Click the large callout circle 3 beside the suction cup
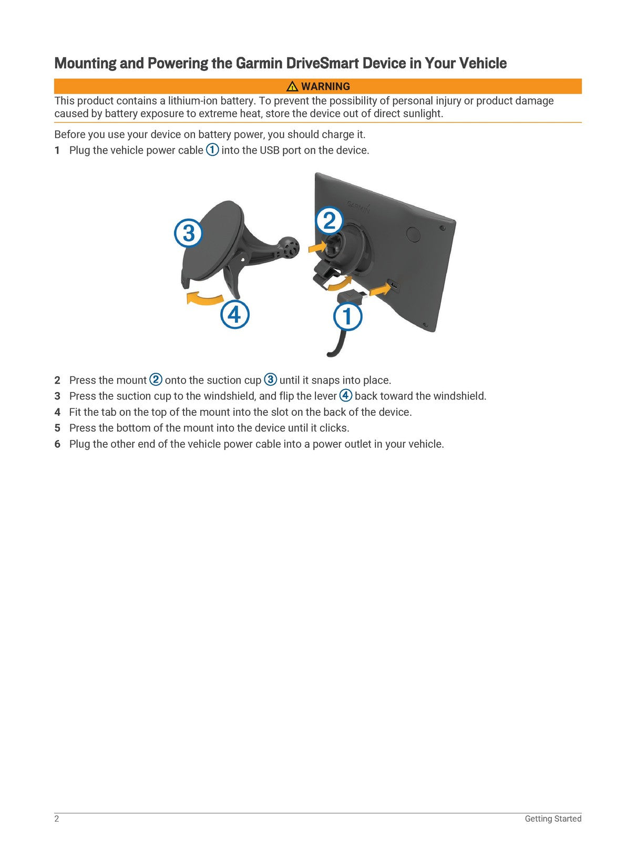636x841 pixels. pos(188,233)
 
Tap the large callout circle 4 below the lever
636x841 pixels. pos(234,314)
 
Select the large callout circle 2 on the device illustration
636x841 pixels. pos(329,221)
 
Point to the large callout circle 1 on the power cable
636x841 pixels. pos(347,317)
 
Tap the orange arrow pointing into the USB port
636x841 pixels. pos(379,289)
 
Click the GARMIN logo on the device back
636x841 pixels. pos(358,206)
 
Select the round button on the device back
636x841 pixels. pos(413,234)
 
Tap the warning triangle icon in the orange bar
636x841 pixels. pos(292,87)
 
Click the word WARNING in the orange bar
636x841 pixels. pos(325,87)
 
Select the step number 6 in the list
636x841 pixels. pos(57,444)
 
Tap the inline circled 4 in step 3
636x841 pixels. pos(345,395)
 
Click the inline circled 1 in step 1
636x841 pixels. pos(212,150)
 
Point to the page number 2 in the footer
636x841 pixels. pos(57,818)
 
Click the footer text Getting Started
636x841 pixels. pos(552,818)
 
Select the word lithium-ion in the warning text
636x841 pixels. pos(192,101)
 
